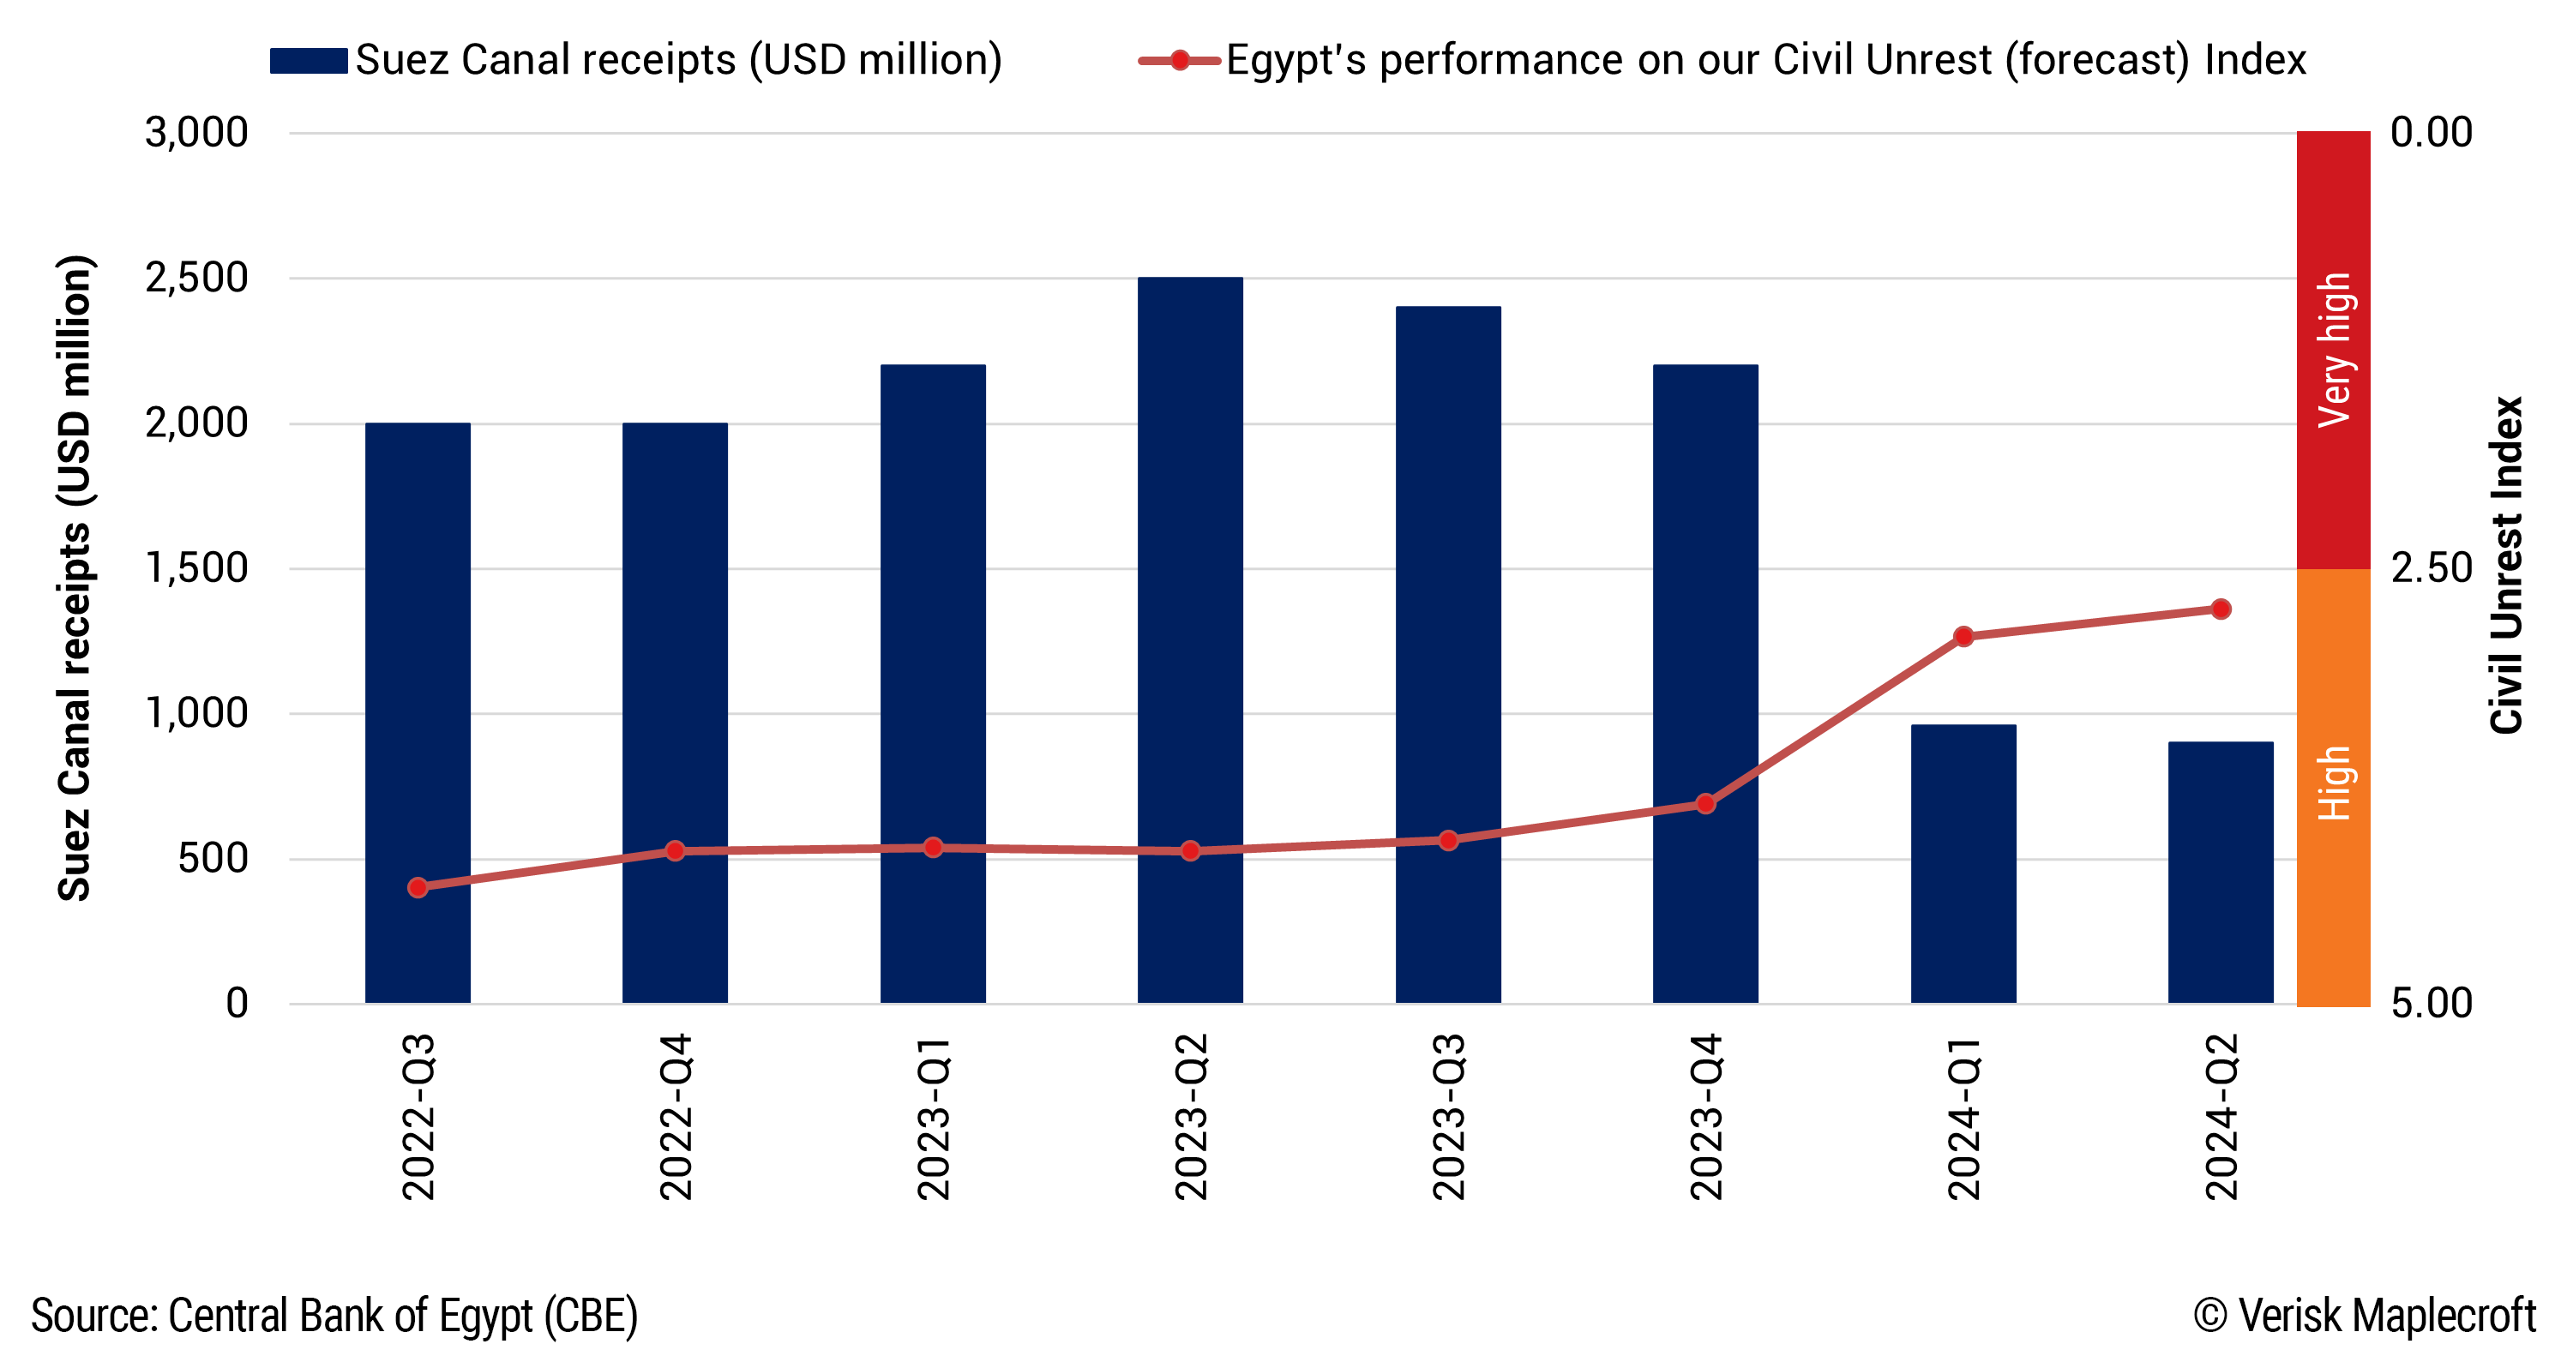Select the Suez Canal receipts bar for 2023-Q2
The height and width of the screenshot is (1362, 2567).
coord(1190,638)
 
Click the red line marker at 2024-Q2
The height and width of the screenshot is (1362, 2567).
coord(2221,609)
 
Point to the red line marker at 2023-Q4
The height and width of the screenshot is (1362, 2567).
coord(1705,803)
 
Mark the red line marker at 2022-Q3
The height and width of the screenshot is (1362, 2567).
coord(418,887)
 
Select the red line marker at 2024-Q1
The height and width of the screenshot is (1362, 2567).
coord(1963,636)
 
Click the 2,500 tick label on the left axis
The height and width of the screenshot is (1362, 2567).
coord(196,278)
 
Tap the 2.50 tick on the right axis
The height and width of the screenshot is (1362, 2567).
coord(2431,568)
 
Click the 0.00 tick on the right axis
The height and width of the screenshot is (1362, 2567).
coord(2431,133)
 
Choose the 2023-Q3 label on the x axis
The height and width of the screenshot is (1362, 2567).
coord(1448,1116)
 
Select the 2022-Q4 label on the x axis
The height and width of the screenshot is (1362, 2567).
coord(675,1116)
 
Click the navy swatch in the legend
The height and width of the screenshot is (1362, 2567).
coord(308,61)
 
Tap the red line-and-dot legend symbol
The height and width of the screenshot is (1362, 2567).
coord(1179,61)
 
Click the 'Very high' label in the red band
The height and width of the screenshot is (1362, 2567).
coord(2333,349)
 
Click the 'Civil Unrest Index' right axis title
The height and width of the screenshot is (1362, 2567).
coord(2505,565)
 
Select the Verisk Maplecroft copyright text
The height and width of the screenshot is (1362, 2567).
coord(2364,1315)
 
